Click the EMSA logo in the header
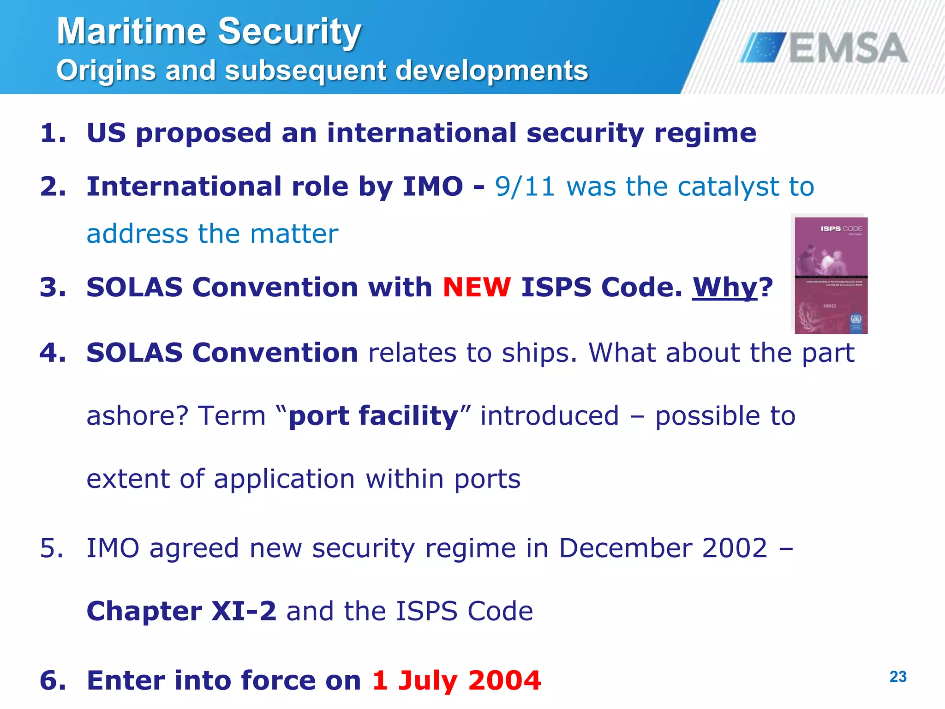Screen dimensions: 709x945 [x=824, y=48]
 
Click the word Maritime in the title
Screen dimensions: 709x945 [x=132, y=31]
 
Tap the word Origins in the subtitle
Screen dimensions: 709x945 [x=106, y=71]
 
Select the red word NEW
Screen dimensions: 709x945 [x=477, y=287]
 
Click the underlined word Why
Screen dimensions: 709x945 [x=724, y=287]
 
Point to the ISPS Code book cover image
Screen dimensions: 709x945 [x=831, y=275]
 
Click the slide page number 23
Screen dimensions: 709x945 [x=898, y=677]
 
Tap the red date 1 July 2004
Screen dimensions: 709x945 [x=456, y=680]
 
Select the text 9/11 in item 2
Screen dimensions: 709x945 [x=525, y=186]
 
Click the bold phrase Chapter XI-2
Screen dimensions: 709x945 [x=181, y=611]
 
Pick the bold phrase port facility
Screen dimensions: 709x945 [x=373, y=416]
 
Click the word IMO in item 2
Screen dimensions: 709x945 [x=432, y=186]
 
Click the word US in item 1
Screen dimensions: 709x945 [x=106, y=133]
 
